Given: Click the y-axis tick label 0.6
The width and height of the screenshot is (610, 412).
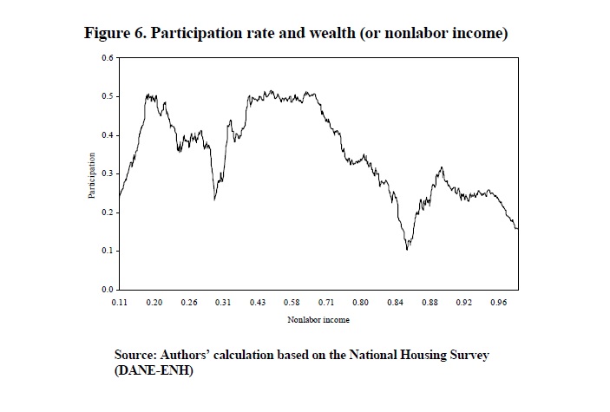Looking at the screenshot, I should tap(108, 58).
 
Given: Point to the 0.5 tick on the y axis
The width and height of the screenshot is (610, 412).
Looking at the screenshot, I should tap(108, 96).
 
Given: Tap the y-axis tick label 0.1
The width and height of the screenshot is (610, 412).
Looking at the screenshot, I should tap(108, 251).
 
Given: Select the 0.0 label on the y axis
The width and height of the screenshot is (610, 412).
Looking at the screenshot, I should tap(108, 289).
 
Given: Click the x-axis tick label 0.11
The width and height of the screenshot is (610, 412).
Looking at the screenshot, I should tap(120, 302).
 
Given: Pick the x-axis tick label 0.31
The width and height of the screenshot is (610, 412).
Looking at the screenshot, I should tap(223, 302).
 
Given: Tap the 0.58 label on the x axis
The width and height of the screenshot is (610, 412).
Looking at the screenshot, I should tap(292, 302).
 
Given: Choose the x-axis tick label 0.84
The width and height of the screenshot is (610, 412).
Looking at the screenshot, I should tap(395, 302).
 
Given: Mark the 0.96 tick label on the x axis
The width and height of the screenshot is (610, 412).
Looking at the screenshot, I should tap(498, 302).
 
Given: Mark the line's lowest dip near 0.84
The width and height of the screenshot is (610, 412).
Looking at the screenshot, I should tap(407, 249).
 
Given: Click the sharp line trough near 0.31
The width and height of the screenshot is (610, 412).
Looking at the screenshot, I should tap(215, 199).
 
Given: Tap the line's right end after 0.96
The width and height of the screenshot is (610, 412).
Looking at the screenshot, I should tap(518, 229).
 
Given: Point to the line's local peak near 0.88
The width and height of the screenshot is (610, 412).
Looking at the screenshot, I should tap(442, 167).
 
